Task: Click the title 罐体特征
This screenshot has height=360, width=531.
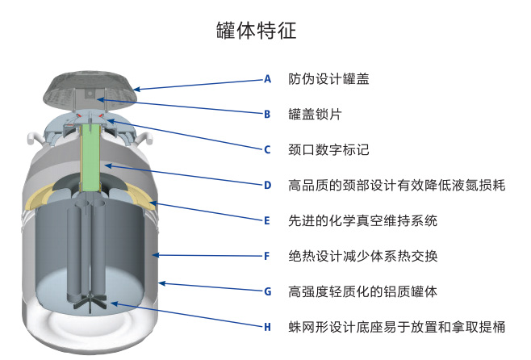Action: point(257,31)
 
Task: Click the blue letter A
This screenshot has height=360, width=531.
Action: point(268,79)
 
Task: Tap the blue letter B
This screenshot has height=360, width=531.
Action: point(267,115)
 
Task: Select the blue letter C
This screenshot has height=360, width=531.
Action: point(267,149)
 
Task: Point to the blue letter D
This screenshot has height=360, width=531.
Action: point(268,186)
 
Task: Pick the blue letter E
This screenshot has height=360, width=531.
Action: point(267,221)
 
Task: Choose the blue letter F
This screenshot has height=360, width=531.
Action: point(267,256)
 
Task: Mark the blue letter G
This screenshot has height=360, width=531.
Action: point(268,291)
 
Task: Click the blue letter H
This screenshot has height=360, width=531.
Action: point(268,327)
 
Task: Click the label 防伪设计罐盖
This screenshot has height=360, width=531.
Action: point(328,79)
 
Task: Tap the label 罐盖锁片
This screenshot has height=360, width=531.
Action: point(315,115)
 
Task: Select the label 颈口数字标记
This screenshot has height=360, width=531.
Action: point(328,149)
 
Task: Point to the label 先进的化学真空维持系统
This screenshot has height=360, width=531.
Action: point(362,221)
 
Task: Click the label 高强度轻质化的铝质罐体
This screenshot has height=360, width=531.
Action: point(362,291)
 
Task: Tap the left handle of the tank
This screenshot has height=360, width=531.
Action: point(33,139)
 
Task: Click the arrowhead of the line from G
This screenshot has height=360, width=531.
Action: point(162,283)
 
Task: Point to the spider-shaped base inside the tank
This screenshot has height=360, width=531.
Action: point(90,303)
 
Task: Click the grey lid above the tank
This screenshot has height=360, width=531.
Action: point(90,90)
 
